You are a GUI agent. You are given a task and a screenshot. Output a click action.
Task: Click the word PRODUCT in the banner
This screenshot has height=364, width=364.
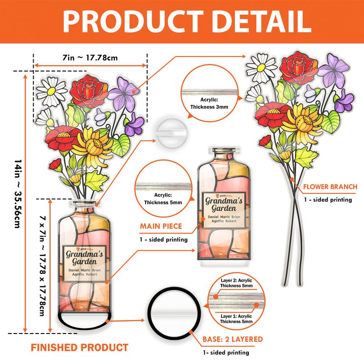[x=133, y=21]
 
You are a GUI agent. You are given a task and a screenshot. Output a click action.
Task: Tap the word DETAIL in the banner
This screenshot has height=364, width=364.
[x=262, y=21]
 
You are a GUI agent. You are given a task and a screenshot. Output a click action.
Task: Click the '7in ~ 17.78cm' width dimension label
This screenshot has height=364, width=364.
[x=90, y=58]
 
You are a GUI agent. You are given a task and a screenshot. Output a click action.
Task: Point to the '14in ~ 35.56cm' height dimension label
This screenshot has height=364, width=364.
[x=18, y=194]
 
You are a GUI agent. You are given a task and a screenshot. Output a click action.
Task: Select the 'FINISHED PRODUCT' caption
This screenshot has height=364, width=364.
[x=79, y=348]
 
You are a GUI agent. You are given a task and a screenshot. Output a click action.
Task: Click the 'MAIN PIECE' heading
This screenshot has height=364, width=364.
[x=161, y=226]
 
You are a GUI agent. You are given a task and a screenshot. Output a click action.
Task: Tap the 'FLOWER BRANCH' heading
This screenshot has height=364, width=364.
[x=330, y=187]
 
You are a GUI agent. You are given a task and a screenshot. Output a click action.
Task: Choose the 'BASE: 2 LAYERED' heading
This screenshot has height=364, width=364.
[x=233, y=339]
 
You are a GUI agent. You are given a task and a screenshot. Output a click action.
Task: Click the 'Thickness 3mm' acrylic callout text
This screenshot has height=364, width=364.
[x=209, y=107]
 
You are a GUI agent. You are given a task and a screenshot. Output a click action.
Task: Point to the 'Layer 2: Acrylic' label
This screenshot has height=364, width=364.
[x=236, y=280]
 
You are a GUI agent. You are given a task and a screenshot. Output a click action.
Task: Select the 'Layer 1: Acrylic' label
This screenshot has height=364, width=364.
[x=236, y=316]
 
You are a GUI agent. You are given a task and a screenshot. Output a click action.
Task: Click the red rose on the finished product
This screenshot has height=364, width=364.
[x=89, y=91]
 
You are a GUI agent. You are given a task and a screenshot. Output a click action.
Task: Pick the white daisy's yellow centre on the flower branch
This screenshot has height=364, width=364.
[x=261, y=67]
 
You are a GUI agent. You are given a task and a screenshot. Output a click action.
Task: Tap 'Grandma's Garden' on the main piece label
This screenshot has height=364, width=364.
[x=224, y=204]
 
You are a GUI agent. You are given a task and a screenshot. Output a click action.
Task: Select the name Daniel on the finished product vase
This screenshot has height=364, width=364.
[x=74, y=270]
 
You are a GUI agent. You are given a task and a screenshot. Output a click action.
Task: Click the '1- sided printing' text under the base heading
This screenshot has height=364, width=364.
[x=226, y=353]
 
